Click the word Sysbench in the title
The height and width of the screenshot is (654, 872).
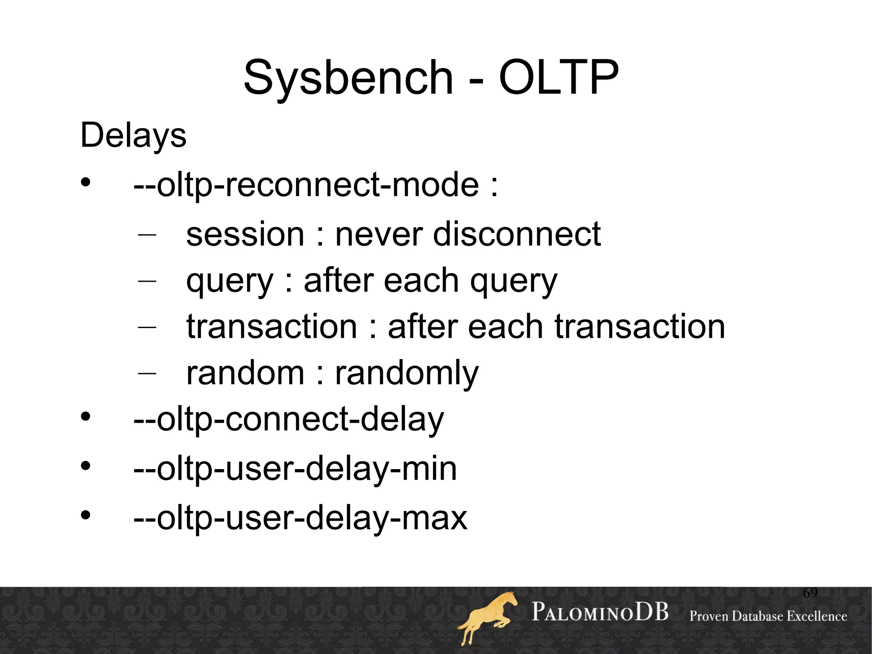coord(348,78)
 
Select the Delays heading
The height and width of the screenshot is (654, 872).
coord(133,135)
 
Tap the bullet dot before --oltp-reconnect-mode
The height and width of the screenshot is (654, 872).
coord(86,182)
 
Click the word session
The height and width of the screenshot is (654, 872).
coord(245,234)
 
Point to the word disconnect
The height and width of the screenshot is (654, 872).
coord(516,234)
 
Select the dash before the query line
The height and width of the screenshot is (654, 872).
coord(147,281)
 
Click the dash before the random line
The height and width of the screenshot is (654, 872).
coord(147,373)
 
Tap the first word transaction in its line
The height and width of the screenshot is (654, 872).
coord(272,327)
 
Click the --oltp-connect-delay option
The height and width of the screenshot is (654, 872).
coord(288,420)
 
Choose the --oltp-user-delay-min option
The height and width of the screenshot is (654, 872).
coord(295,469)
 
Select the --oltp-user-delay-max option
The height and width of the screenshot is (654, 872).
coord(300,518)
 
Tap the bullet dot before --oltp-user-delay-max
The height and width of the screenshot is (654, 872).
coord(86,516)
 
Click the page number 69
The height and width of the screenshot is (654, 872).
coord(810,593)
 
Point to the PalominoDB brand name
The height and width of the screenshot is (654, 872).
coord(600,612)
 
